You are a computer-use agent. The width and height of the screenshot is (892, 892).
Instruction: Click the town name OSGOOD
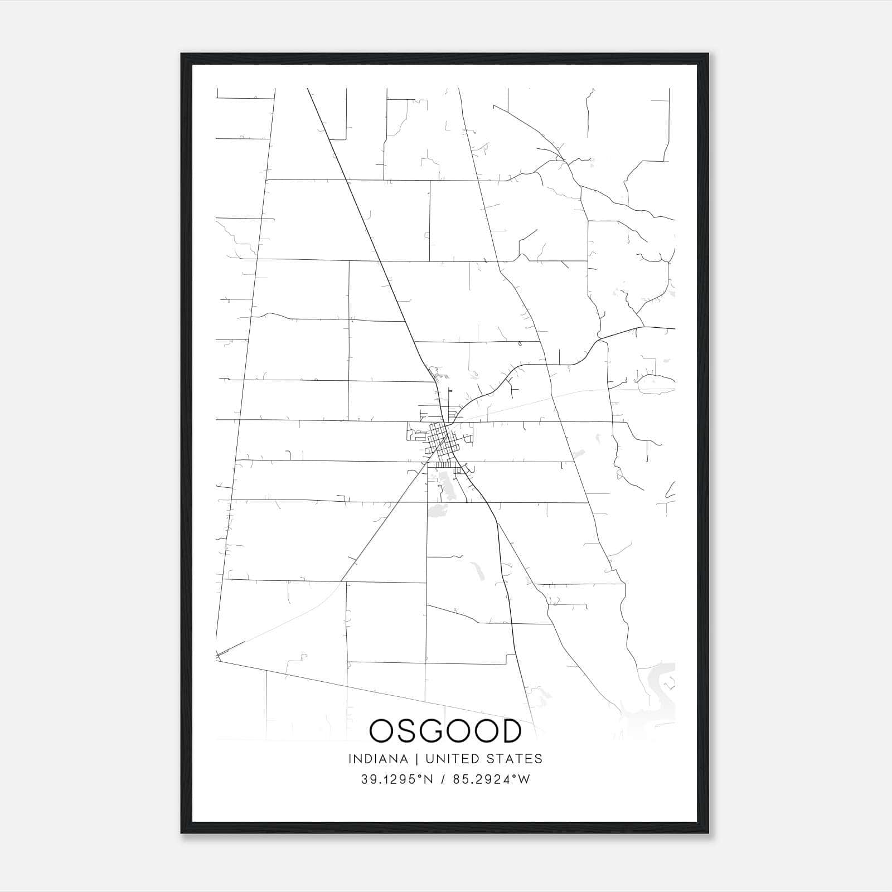tap(445, 731)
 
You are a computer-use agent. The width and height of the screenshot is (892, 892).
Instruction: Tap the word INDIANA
tap(378, 759)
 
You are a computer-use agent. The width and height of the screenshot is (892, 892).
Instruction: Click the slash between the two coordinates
tap(443, 779)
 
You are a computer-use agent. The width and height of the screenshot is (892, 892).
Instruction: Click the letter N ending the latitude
tap(428, 779)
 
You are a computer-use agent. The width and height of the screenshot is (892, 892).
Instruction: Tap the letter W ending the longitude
tap(524, 779)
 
